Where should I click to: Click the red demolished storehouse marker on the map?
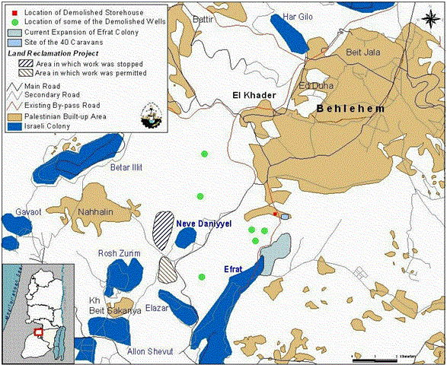coord(275,214)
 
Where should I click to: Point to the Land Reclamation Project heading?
coord(53,54)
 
